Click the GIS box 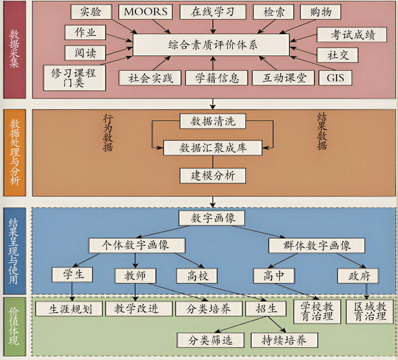tap(335, 77)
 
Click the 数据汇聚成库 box tap(213, 148)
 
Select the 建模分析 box tap(213, 175)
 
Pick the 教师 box tap(135, 276)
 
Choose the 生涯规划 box tap(68, 309)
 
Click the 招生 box tap(263, 309)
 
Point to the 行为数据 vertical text tap(108, 132)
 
